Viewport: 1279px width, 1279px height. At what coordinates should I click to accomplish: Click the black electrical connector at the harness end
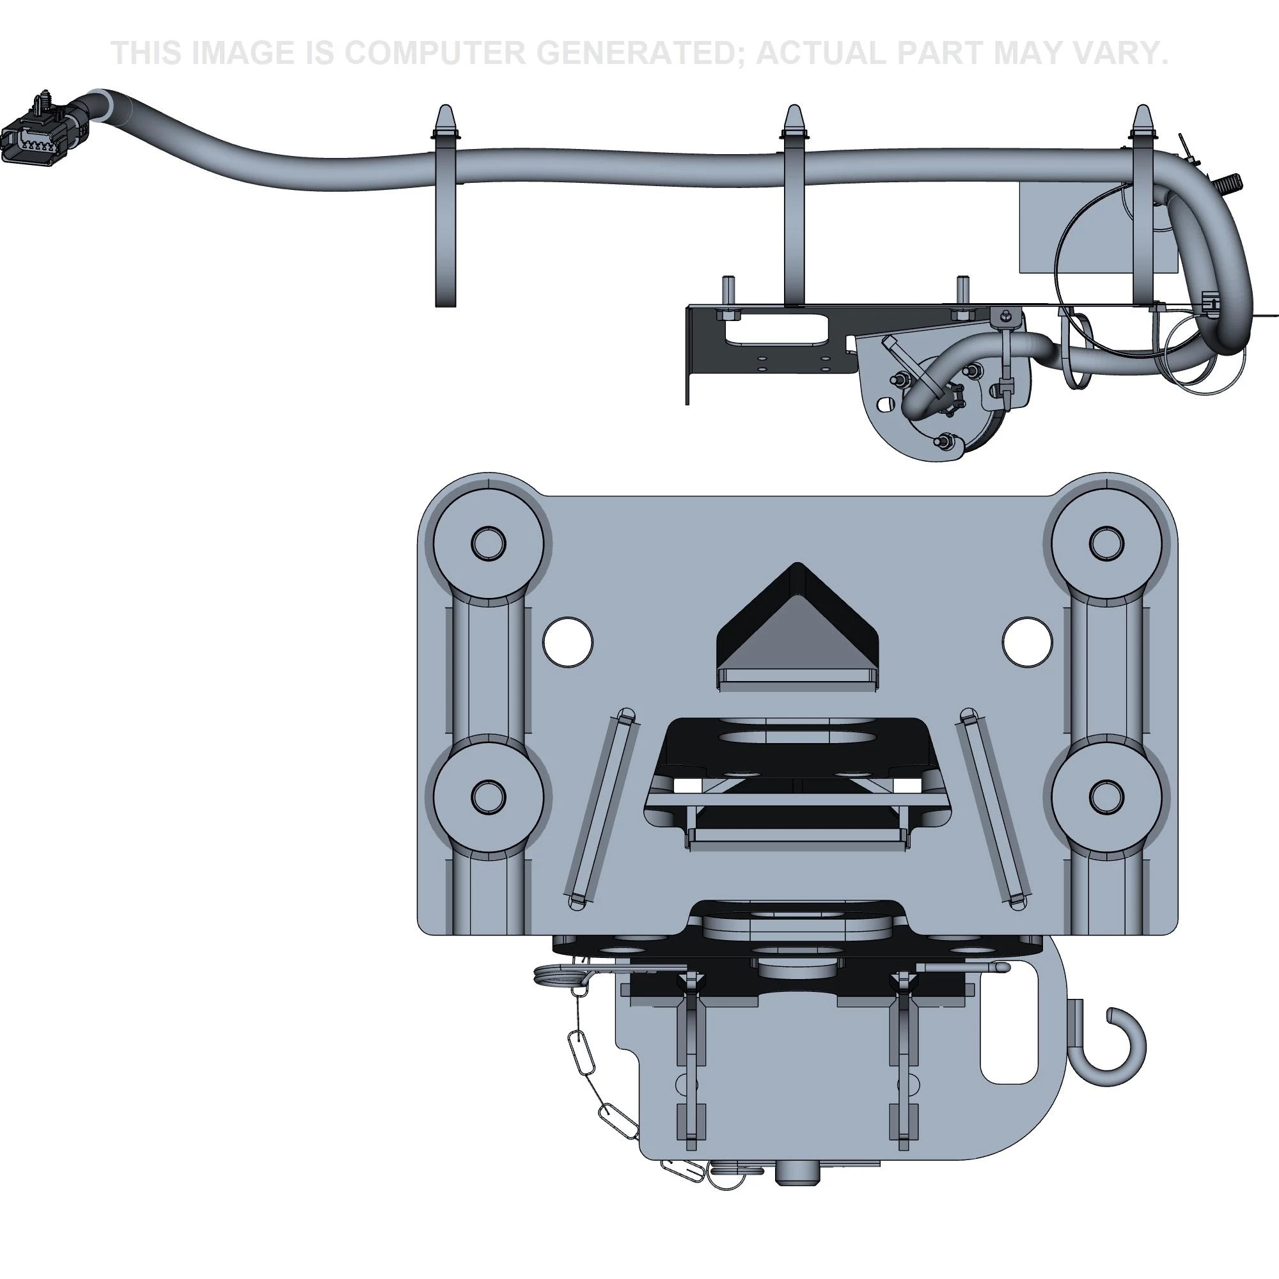(35, 132)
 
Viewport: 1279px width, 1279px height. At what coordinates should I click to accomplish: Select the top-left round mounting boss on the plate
(488, 544)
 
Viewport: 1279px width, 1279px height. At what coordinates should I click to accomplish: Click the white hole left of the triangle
(567, 642)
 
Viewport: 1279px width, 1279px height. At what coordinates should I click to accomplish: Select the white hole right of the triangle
(1027, 642)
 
